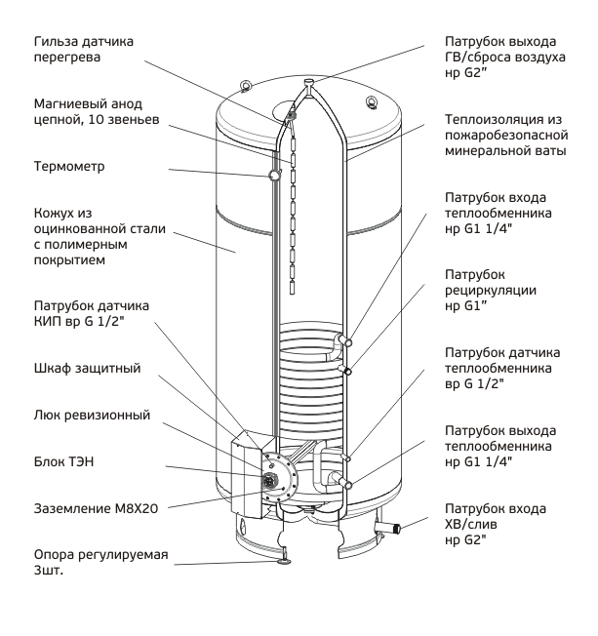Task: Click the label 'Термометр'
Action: click(x=69, y=167)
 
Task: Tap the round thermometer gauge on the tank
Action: click(x=274, y=175)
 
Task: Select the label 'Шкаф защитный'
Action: click(x=87, y=369)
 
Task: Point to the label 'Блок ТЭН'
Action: click(x=63, y=461)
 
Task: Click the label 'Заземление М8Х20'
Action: click(x=96, y=508)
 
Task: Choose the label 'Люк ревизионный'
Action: click(x=92, y=415)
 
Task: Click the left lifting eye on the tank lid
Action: click(x=245, y=86)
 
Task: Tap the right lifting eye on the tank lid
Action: click(x=371, y=101)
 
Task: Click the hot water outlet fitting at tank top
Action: click(x=309, y=83)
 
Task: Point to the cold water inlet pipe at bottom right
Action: click(x=387, y=528)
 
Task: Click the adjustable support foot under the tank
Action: click(x=283, y=560)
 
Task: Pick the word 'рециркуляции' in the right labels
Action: click(x=491, y=291)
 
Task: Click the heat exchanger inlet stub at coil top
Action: click(x=343, y=340)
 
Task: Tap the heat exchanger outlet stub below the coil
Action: click(x=342, y=482)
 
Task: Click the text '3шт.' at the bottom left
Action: click(x=49, y=571)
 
